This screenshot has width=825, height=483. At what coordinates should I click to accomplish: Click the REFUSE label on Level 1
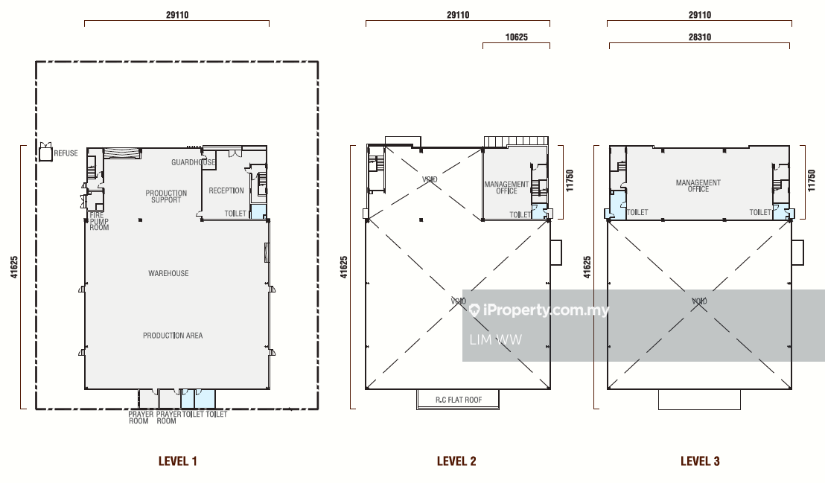[66, 153]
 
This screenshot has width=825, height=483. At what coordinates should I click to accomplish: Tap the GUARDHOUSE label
[193, 162]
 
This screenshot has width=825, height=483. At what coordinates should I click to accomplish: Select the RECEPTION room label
[226, 191]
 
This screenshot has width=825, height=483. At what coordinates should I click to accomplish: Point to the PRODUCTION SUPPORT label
[166, 196]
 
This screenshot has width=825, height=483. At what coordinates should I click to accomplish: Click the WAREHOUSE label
[168, 273]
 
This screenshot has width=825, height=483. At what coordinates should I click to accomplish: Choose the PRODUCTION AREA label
[173, 335]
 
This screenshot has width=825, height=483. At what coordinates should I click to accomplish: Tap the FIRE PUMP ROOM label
[99, 221]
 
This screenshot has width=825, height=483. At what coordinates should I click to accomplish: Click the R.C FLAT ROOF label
[459, 400]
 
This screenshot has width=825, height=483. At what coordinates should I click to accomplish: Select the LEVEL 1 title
[178, 461]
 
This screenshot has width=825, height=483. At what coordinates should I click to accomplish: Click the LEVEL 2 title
[456, 461]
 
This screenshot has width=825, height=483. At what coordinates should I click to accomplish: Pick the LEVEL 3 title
[700, 461]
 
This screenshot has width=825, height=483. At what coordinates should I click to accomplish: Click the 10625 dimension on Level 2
[516, 36]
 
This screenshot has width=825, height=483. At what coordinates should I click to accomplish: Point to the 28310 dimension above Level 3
[700, 36]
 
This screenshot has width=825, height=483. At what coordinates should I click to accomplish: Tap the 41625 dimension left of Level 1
[14, 266]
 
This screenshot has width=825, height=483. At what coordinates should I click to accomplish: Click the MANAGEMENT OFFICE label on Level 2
[506, 188]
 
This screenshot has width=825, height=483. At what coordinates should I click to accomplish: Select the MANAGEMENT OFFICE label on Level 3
[698, 186]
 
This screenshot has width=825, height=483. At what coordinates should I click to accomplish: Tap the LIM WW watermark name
[496, 340]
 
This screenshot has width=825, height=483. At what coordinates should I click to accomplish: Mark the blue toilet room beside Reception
[258, 212]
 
